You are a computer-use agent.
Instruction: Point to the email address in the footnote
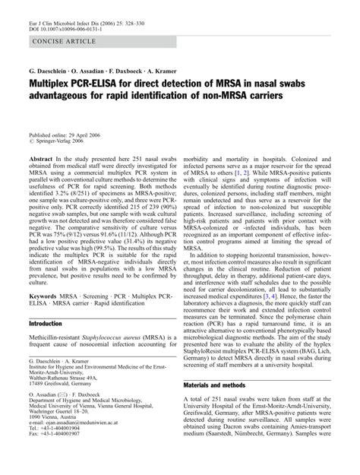pyautogui.click(x=92, y=448)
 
